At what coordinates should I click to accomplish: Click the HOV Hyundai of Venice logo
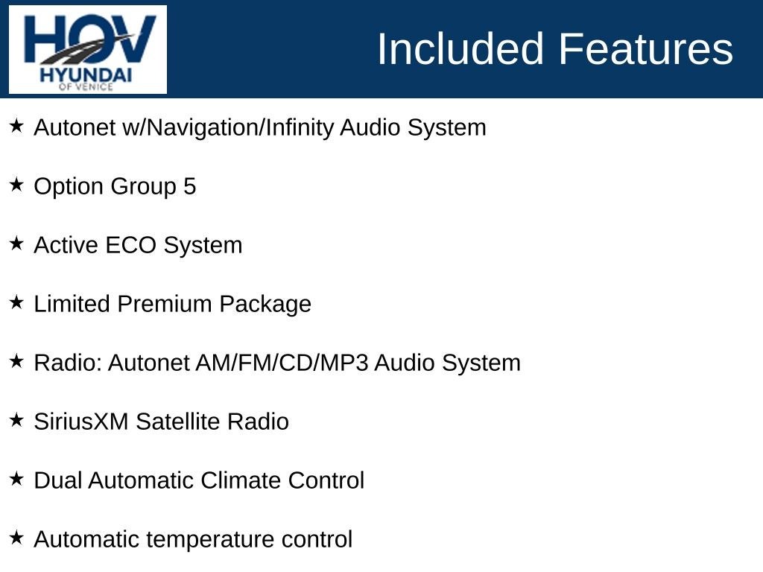(88, 49)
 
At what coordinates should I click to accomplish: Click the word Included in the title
(460, 48)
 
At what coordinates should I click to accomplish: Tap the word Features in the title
(646, 48)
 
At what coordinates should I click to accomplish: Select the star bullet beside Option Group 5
(16, 185)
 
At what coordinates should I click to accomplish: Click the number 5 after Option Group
(190, 186)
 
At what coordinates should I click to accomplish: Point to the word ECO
(131, 245)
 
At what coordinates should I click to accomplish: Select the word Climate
(241, 480)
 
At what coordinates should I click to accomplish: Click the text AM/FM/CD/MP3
(282, 363)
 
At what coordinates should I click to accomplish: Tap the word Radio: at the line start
(68, 363)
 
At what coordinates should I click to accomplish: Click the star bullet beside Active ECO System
(16, 244)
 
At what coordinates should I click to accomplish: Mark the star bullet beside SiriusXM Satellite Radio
(16, 420)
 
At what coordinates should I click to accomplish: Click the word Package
(265, 305)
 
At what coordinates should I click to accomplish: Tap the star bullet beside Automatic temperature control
(16, 538)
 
